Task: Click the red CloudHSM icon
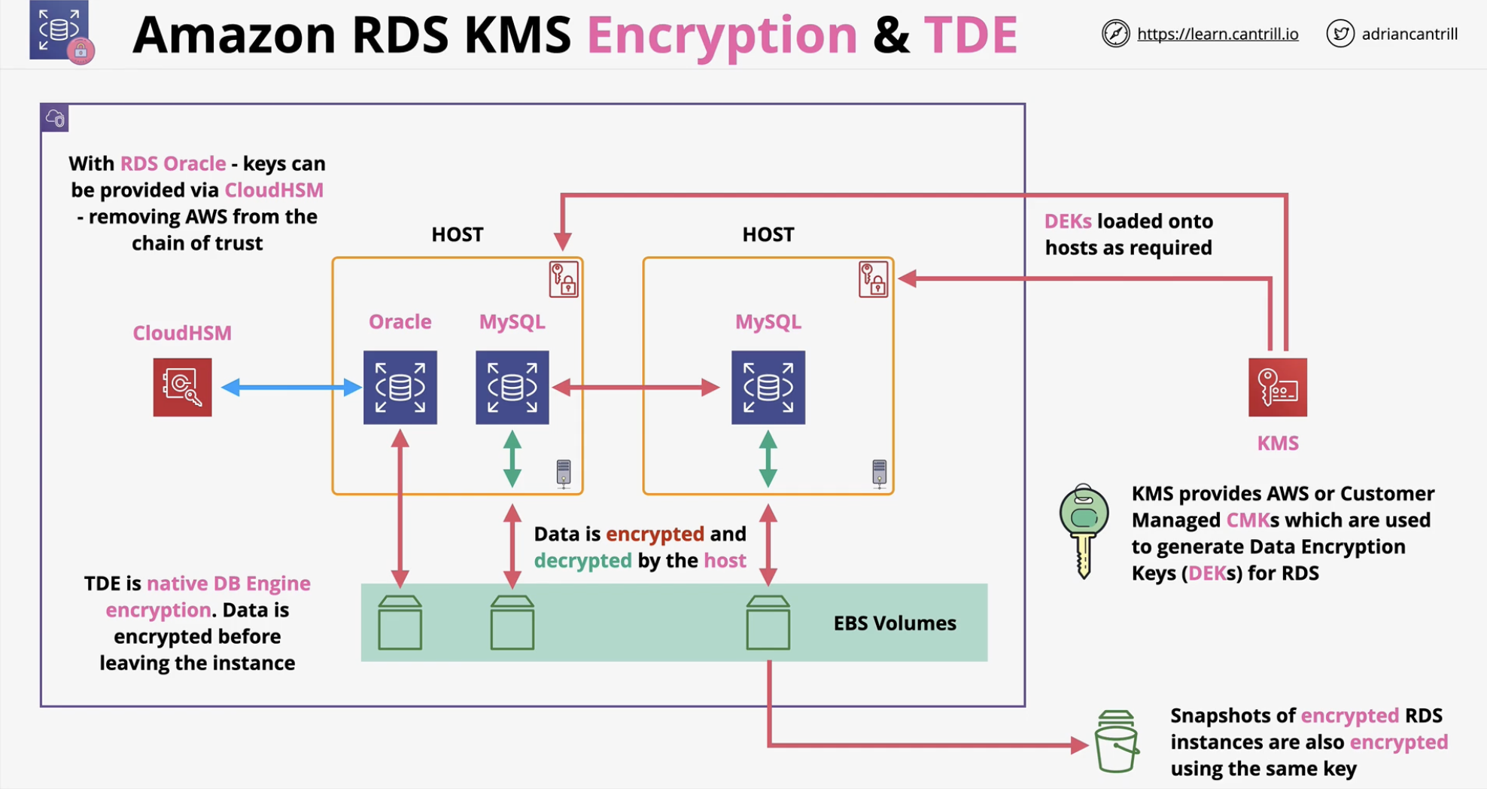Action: point(182,387)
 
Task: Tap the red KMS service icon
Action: point(1278,387)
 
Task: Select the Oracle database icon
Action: point(400,387)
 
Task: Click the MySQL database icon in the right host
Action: point(768,387)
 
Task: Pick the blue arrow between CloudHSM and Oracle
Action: point(291,387)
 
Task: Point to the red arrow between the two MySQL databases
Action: point(636,387)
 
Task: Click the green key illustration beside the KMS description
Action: point(1084,531)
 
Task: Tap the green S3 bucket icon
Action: point(1116,742)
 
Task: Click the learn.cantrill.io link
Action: point(1218,34)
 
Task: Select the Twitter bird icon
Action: point(1340,33)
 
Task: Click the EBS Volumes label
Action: point(895,623)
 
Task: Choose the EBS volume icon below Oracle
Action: point(400,623)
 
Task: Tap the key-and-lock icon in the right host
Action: point(873,279)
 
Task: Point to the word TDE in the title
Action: point(971,35)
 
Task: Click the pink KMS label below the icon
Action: point(1278,443)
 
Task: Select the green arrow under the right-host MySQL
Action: point(768,458)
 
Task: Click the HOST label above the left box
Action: point(458,234)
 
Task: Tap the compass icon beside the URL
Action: point(1116,33)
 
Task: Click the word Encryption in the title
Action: point(722,36)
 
